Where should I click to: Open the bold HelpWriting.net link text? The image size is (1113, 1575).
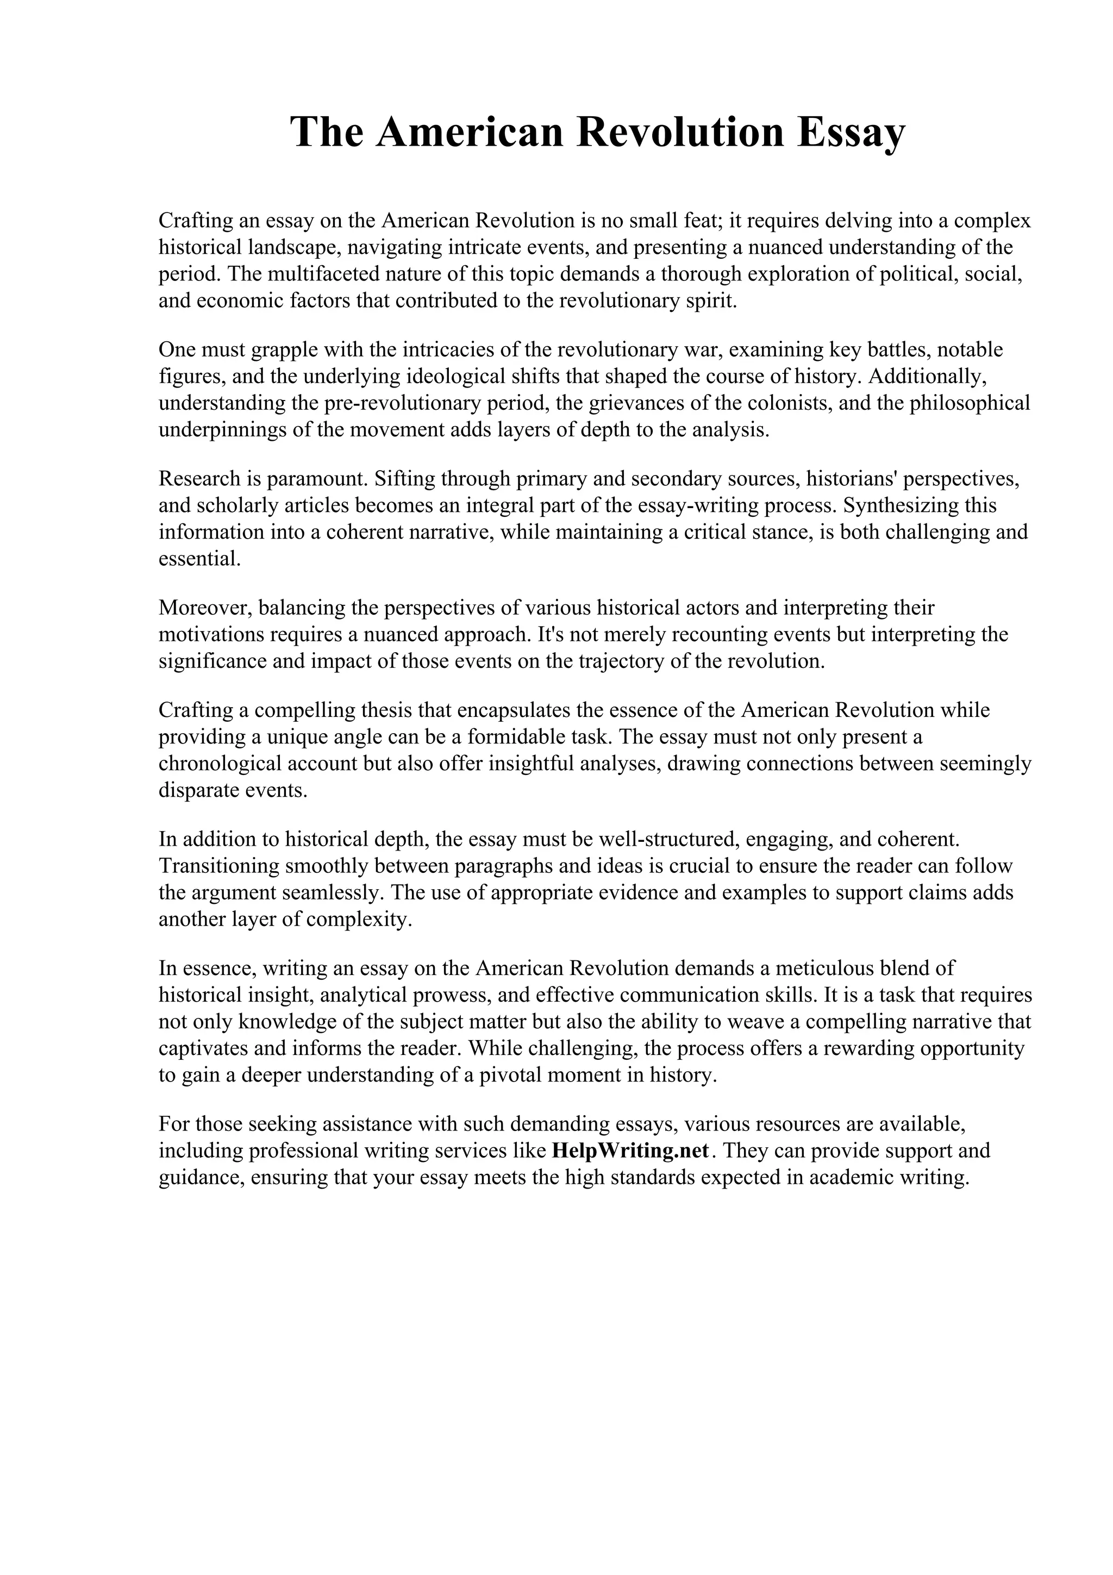629,1151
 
